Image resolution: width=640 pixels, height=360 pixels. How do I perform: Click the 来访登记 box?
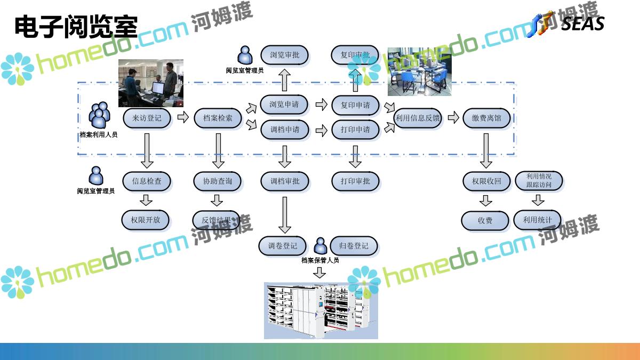pyautogui.click(x=147, y=118)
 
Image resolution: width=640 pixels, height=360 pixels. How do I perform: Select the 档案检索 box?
pyautogui.click(x=218, y=118)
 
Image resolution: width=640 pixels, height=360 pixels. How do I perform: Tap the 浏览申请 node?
pyautogui.click(x=284, y=105)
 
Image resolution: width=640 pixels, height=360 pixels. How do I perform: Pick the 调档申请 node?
pyautogui.click(x=284, y=130)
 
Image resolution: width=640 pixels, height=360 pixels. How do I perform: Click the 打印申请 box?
pyautogui.click(x=355, y=130)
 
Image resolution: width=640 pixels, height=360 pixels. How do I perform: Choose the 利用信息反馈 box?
pyautogui.click(x=418, y=118)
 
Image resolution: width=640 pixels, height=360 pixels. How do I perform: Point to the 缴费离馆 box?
pyautogui.click(x=486, y=118)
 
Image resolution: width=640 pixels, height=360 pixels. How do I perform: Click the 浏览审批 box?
pyautogui.click(x=284, y=55)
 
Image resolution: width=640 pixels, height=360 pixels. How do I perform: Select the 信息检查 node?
pyautogui.click(x=147, y=181)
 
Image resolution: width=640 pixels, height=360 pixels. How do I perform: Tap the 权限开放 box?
pyautogui.click(x=146, y=219)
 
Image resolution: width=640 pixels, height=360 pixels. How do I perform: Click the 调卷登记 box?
pyautogui.click(x=283, y=246)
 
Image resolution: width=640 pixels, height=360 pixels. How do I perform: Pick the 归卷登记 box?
pyautogui.click(x=354, y=246)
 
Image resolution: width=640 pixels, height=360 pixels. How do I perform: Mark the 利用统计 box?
pyautogui.click(x=538, y=219)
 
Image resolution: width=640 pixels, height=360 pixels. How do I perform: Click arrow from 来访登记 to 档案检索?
pyautogui.click(x=183, y=117)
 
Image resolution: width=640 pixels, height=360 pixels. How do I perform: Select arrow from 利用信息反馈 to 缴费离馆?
pyautogui.click(x=453, y=117)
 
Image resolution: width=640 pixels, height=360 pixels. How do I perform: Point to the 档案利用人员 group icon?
pyautogui.click(x=99, y=115)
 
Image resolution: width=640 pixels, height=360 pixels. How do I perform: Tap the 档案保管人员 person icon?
pyautogui.click(x=321, y=246)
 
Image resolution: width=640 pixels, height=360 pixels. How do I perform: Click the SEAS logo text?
pyautogui.click(x=582, y=24)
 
